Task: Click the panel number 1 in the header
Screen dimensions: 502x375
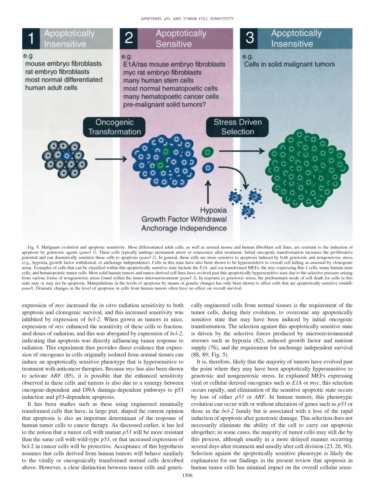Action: pyautogui.click(x=31, y=38)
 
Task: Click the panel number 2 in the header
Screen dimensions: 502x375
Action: pyautogui.click(x=129, y=38)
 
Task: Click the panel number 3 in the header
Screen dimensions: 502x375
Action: pyautogui.click(x=250, y=38)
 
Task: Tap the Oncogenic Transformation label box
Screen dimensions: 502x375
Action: pyautogui.click(x=114, y=127)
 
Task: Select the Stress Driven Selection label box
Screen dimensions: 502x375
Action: pyautogui.click(x=237, y=127)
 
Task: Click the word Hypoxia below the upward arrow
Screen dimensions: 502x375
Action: pyautogui.click(x=213, y=210)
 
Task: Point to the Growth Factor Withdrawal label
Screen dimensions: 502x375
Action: pyautogui.click(x=184, y=219)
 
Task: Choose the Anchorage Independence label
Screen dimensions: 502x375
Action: pyautogui.click(x=184, y=228)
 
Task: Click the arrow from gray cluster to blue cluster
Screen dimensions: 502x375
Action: pyautogui.click(x=111, y=159)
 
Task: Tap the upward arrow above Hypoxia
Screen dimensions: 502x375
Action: pyautogui.click(x=208, y=192)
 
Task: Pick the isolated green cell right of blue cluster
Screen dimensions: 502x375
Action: pyautogui.click(x=208, y=152)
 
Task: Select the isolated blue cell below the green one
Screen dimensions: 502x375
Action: pyautogui.click(x=208, y=168)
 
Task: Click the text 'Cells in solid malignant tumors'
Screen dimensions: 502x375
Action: pyautogui.click(x=289, y=64)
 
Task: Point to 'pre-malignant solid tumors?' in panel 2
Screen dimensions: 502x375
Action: pyautogui.click(x=164, y=105)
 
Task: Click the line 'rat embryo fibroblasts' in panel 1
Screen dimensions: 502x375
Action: pyautogui.click(x=57, y=72)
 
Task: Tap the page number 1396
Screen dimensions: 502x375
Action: pyautogui.click(x=187, y=476)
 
